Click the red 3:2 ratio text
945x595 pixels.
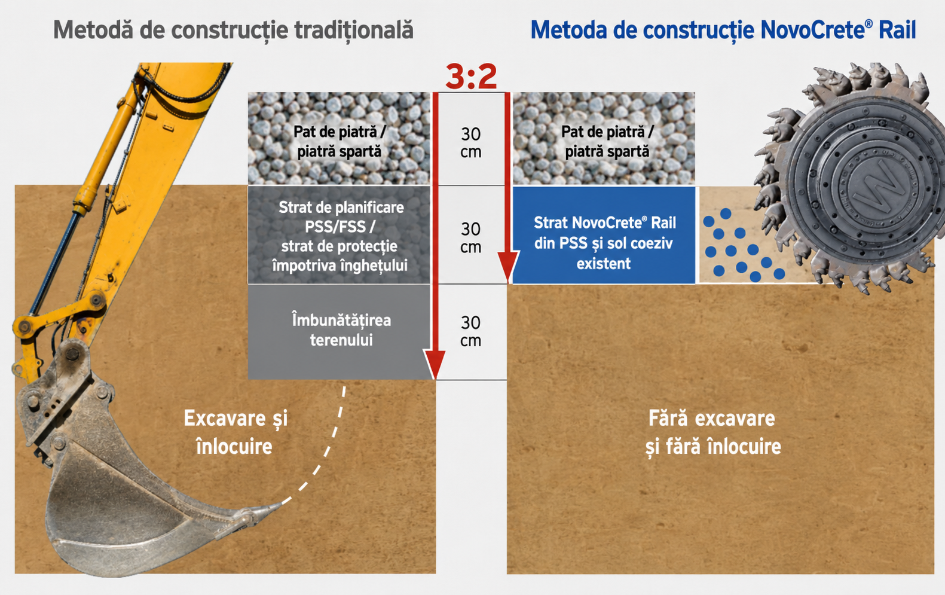[x=471, y=77]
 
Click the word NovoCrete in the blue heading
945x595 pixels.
[x=812, y=30]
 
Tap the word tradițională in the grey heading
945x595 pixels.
[x=353, y=30]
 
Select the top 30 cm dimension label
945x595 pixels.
[x=471, y=143]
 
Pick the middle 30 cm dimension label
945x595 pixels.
[x=471, y=237]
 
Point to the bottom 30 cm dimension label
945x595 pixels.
[x=471, y=331]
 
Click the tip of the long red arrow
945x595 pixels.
[x=435, y=379]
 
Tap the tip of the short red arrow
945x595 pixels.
[x=508, y=282]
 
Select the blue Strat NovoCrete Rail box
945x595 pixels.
[x=604, y=235]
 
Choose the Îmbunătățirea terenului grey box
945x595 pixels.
[x=339, y=332]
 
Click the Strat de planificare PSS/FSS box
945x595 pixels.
[x=339, y=234]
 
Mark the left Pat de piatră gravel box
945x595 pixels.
[x=339, y=138]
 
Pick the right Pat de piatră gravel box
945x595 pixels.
[x=604, y=138]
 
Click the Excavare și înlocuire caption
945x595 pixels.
[x=236, y=432]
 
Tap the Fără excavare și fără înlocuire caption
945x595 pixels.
[x=713, y=432]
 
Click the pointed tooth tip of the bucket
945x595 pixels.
[x=281, y=504]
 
